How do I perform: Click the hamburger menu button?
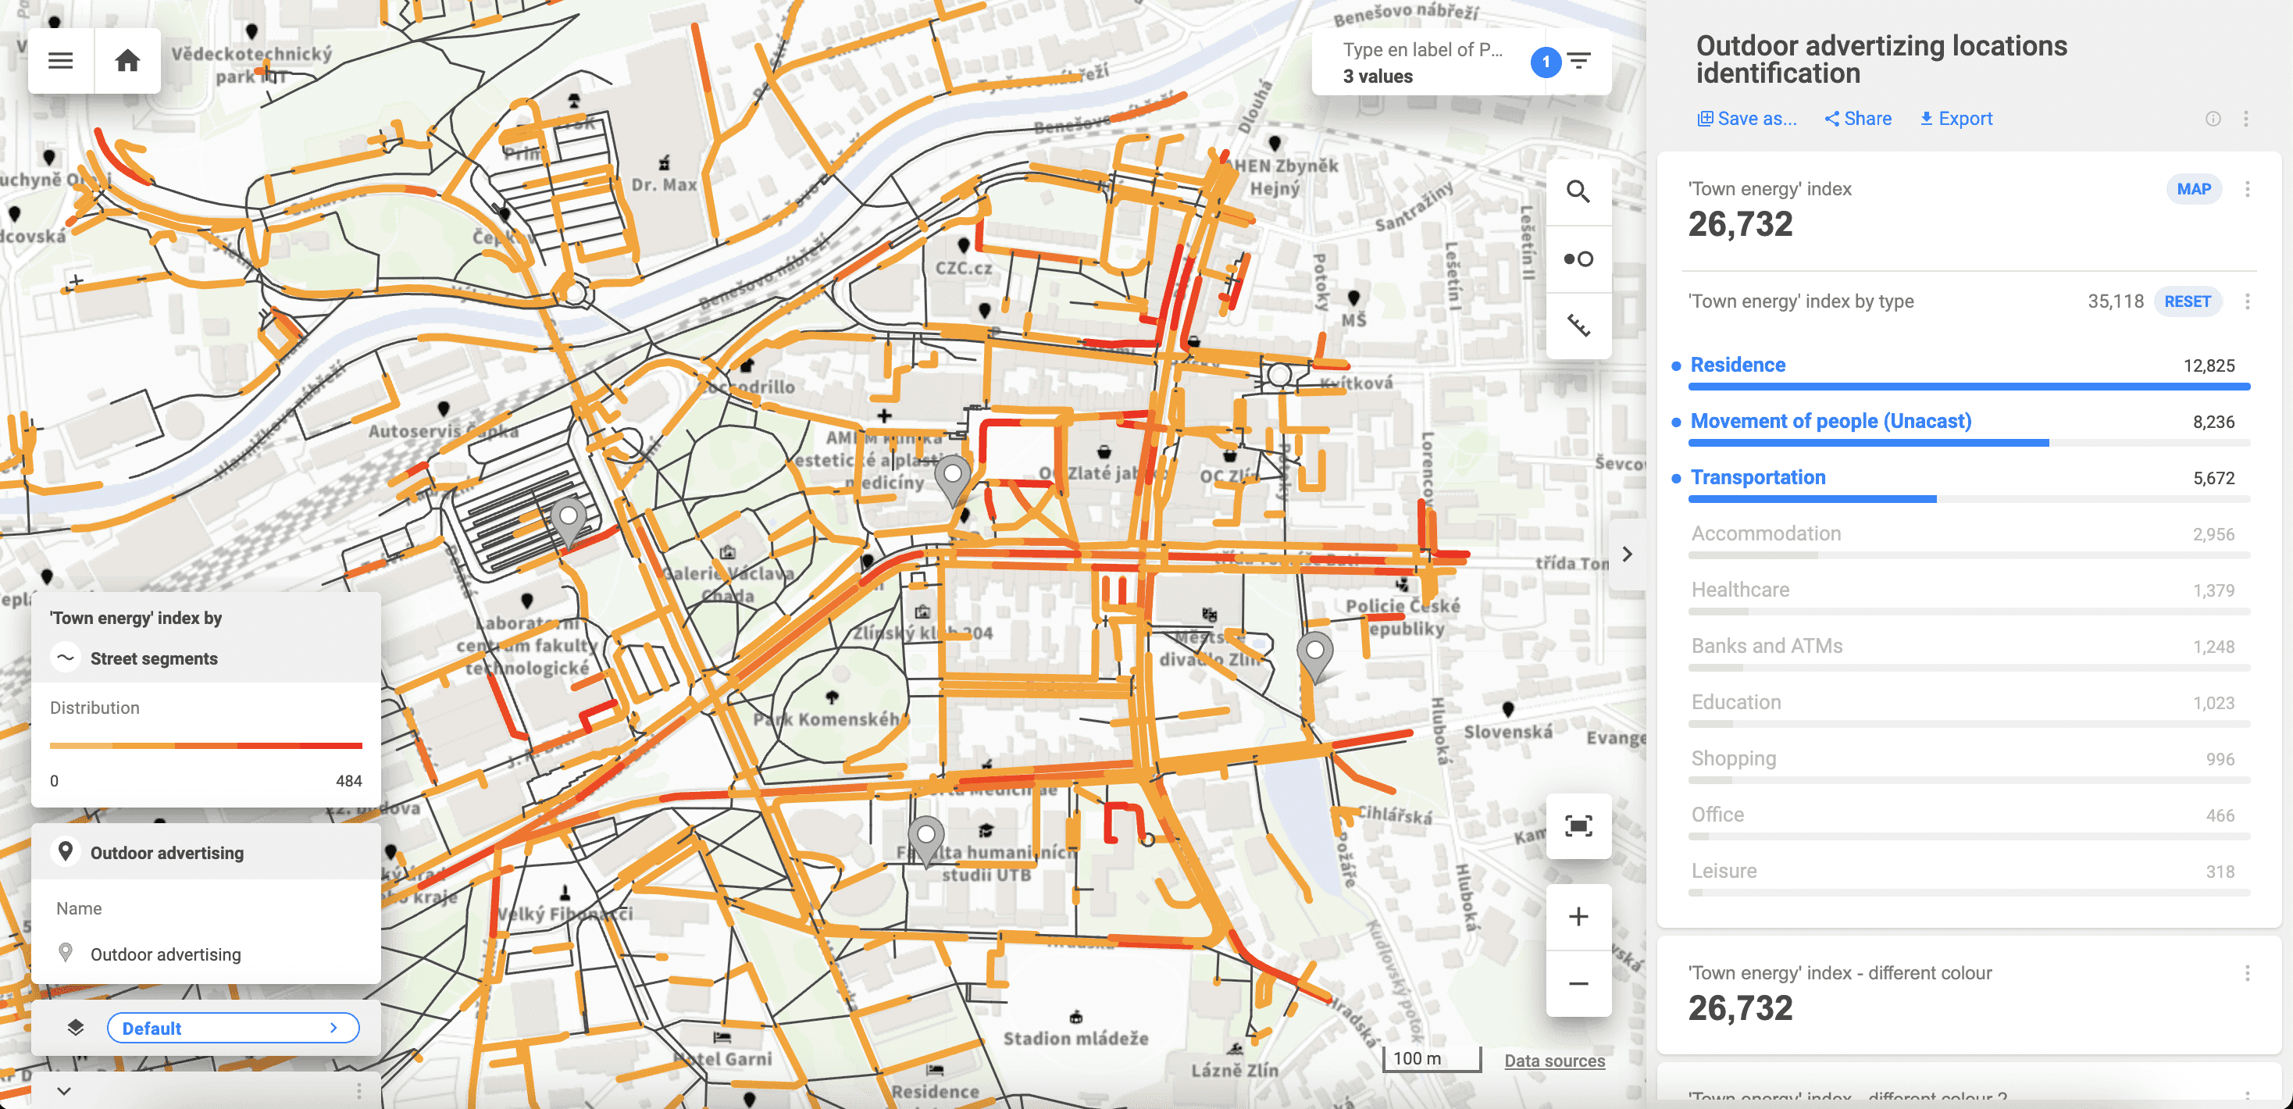coord(61,60)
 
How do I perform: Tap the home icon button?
coord(127,60)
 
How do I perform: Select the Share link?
coord(1858,119)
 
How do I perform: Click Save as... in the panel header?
coord(1746,119)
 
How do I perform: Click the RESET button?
coord(2187,301)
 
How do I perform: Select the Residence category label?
coord(1738,365)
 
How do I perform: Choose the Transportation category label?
coord(1757,477)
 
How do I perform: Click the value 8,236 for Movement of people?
coord(2213,422)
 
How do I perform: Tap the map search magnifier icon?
coord(1578,191)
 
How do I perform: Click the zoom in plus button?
coord(1578,916)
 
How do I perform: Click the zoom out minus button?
coord(1578,983)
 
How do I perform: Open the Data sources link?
coord(1554,1060)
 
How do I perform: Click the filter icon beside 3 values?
coord(1579,62)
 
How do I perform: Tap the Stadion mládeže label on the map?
coord(1075,1038)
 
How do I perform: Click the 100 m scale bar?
coord(1431,1059)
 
